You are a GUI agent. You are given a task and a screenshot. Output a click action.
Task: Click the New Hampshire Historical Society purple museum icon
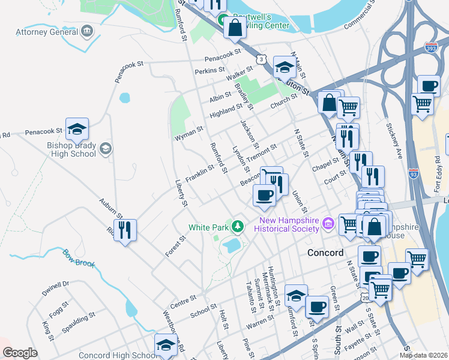pos(328,224)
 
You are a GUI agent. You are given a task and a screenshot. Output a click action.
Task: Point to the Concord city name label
pos(325,253)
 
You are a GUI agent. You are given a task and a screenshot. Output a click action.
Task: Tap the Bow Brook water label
pos(79,259)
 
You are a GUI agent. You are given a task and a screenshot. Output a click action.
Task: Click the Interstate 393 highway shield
pos(431,46)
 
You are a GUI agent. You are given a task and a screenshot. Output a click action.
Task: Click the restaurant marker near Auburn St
pos(125,230)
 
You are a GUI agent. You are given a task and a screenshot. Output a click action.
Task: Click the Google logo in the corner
pos(20,353)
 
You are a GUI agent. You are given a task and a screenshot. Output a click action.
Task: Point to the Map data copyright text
pos(423,355)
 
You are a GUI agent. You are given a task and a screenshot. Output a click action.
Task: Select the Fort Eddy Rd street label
pos(438,174)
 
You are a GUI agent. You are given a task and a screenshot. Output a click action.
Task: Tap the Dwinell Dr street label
pos(56,286)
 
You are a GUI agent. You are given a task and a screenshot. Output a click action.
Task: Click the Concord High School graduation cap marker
pos(166,344)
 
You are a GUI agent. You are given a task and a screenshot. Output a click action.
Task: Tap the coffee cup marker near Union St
pos(265,195)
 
